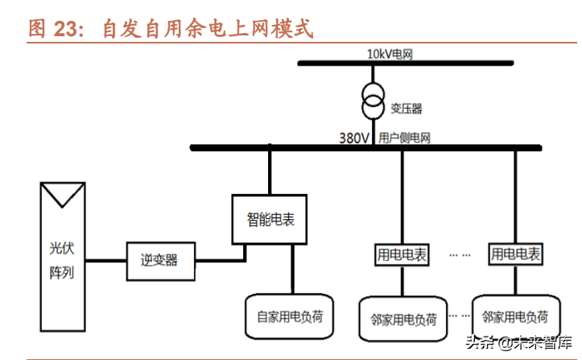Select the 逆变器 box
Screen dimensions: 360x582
(159, 259)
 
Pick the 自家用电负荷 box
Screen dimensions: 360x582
(289, 315)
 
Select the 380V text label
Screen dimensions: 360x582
(354, 138)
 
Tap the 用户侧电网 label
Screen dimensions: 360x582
(404, 138)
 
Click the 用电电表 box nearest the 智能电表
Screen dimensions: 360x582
(402, 255)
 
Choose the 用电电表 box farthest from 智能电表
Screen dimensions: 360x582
(515, 255)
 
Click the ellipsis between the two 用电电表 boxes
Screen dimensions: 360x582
(460, 255)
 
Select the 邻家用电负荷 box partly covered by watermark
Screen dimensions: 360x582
(515, 318)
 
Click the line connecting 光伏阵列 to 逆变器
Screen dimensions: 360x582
(105, 260)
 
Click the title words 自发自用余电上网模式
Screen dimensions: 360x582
(206, 29)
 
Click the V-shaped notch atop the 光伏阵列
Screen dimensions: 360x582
(62, 193)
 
